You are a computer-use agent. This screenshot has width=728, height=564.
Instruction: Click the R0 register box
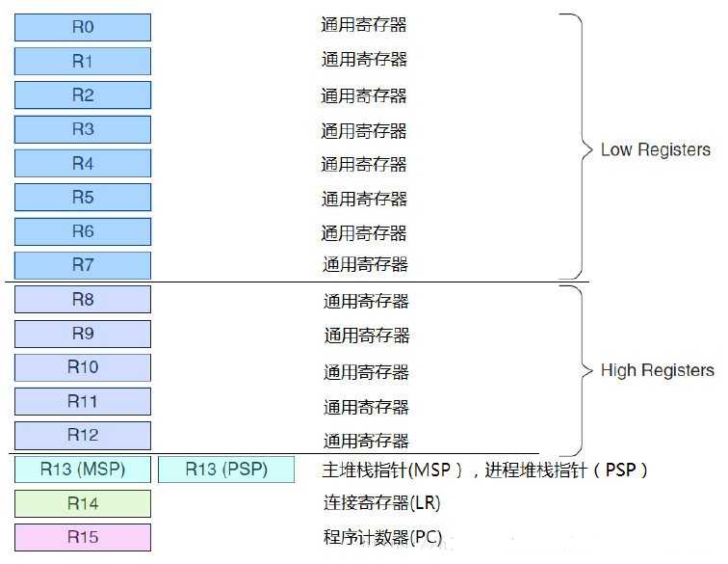point(83,27)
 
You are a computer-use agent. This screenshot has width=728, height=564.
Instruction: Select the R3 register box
point(83,129)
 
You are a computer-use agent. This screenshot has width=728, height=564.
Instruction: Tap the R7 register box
point(83,264)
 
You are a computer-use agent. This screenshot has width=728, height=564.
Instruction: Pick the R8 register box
point(83,300)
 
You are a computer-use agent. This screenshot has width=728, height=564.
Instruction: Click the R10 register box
point(83,367)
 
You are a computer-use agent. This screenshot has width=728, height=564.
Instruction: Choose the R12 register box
point(83,435)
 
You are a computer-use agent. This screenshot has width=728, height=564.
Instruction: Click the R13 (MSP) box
point(83,470)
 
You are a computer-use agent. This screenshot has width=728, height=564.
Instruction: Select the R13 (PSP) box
point(226,470)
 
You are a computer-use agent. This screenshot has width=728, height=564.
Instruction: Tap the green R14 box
point(83,503)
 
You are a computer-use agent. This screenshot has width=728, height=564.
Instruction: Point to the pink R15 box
point(83,537)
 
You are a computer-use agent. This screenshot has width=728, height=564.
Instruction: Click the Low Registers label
point(655,149)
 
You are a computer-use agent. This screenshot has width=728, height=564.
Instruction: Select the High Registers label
point(657,370)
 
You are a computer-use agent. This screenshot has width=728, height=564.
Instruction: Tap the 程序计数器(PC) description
point(382,537)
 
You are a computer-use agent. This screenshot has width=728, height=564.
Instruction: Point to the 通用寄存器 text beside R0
point(364,25)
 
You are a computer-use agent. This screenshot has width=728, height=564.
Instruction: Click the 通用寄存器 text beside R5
point(364,199)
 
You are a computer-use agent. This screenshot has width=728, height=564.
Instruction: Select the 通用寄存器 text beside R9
point(366,336)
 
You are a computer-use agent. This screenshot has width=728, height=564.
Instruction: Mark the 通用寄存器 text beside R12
point(366,441)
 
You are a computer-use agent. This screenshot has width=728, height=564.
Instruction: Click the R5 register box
point(83,198)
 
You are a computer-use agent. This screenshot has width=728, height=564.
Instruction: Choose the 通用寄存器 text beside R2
point(364,95)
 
